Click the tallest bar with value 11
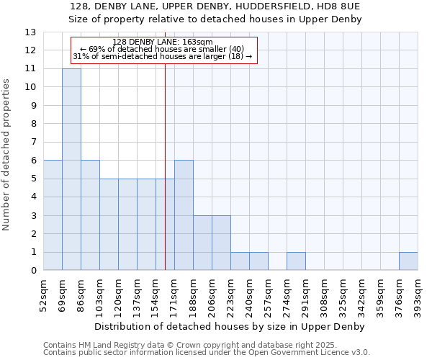[x=71, y=169]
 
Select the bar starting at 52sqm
[x=53, y=215]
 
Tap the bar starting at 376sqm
[x=408, y=261]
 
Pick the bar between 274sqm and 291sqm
[x=296, y=261]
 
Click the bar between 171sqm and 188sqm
[x=184, y=215]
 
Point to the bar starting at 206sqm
[x=221, y=243]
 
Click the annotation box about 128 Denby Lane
[x=163, y=50]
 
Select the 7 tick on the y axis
[x=33, y=142]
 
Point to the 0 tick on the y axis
[x=33, y=271]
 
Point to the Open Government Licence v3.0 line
[x=207, y=353]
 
